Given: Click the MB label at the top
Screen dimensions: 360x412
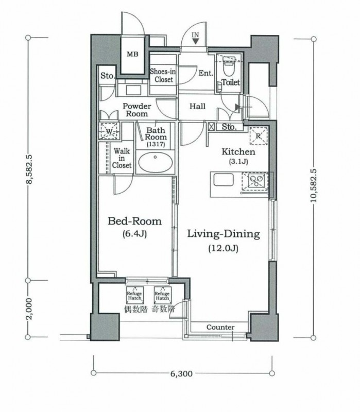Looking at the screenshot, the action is (132, 54).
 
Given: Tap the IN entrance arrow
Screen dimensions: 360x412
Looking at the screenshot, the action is (196, 41).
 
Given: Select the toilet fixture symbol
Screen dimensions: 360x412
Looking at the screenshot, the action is (228, 66).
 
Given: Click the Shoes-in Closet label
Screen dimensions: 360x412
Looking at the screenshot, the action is (163, 75).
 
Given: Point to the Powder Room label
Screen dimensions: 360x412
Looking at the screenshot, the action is (137, 110).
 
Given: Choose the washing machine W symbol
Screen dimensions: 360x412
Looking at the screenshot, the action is (109, 131).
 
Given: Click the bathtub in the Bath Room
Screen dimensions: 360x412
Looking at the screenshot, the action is (156, 162).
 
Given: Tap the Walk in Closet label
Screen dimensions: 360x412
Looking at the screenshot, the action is (122, 158).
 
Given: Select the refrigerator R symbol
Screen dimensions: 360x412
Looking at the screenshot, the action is (259, 136).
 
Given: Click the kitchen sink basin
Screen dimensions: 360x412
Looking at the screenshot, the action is (224, 180).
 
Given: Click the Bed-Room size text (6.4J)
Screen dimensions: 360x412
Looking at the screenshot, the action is (134, 234).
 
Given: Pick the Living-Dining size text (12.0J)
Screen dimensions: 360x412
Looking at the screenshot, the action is (224, 248).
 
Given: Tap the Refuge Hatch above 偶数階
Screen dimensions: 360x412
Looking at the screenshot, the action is (134, 295).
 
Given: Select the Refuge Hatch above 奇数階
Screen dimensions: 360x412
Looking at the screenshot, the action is (162, 295).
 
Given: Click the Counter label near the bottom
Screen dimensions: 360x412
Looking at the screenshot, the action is (220, 327).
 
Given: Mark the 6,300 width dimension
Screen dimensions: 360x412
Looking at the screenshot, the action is (181, 373).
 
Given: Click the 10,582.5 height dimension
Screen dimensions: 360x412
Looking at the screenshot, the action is (314, 185).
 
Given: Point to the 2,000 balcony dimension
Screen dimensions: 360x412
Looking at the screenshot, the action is (29, 308).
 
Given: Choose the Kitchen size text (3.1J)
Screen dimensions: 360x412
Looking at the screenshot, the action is (238, 161).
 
